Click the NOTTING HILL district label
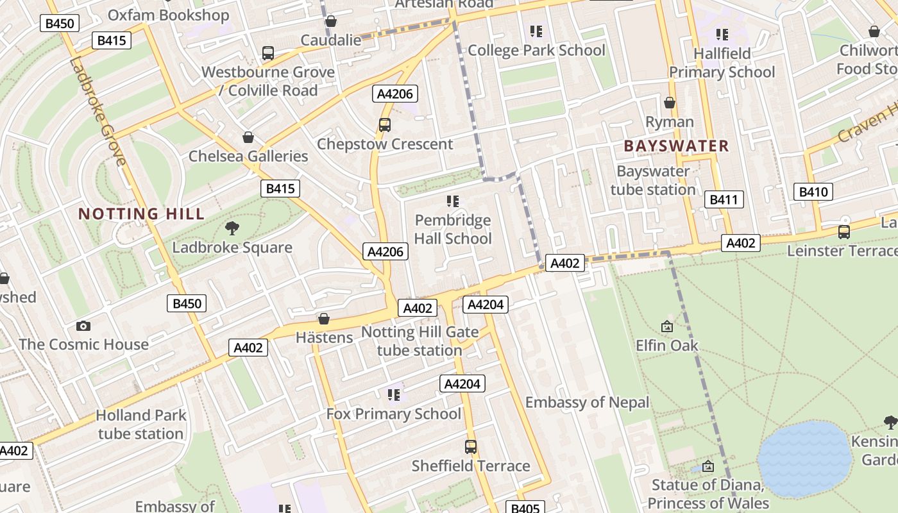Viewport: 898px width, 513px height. tap(141, 214)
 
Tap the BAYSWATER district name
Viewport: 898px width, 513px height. tap(676, 146)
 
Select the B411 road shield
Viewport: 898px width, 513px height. tap(724, 199)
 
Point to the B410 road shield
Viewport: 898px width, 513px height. tap(813, 192)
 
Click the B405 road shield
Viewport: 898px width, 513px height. tap(525, 508)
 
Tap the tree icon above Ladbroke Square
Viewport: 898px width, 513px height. tap(232, 228)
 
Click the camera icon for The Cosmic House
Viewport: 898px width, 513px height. tap(83, 326)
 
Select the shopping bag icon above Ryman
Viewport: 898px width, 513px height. tap(670, 103)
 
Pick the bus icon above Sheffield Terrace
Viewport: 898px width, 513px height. tap(471, 447)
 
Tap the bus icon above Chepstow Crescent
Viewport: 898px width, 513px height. tap(385, 125)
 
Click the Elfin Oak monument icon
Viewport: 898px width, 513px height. tap(667, 327)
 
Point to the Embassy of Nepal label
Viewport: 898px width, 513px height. tap(587, 403)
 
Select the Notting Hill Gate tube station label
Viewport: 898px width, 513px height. tap(419, 341)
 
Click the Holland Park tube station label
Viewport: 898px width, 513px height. tap(141, 425)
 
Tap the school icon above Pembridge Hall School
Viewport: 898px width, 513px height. tap(453, 202)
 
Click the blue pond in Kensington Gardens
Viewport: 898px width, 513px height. tap(804, 459)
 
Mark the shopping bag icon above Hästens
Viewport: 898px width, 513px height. tap(324, 319)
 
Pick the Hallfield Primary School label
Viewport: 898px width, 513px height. tap(722, 63)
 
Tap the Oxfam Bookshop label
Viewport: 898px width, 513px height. tap(168, 15)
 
